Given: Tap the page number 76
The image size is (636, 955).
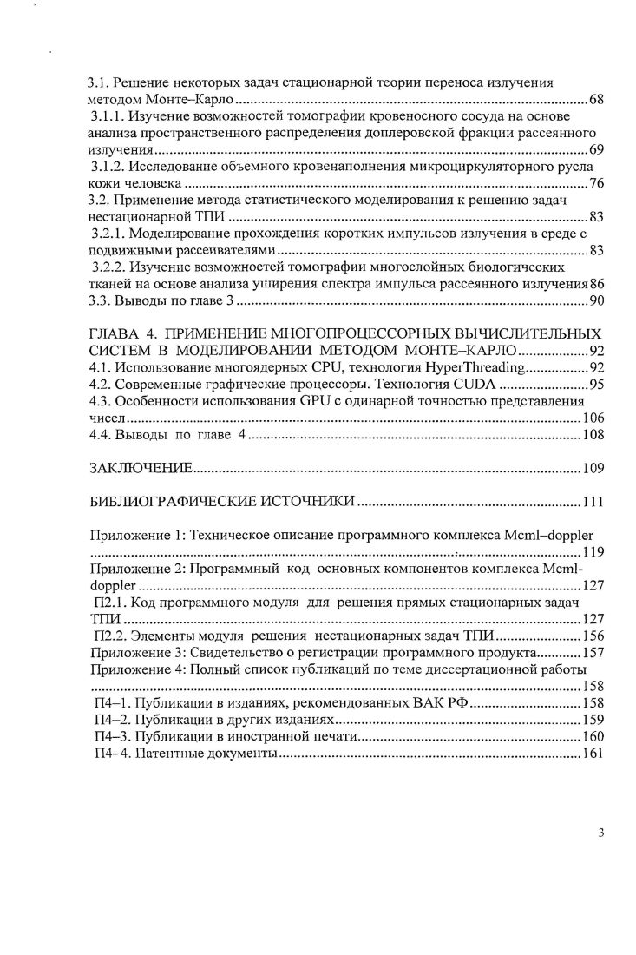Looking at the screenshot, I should click(596, 183).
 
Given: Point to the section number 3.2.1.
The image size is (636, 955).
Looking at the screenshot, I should click(111, 234).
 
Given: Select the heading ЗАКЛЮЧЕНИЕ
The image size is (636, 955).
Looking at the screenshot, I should click(141, 469).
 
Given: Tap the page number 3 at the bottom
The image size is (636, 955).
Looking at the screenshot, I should click(600, 833).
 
